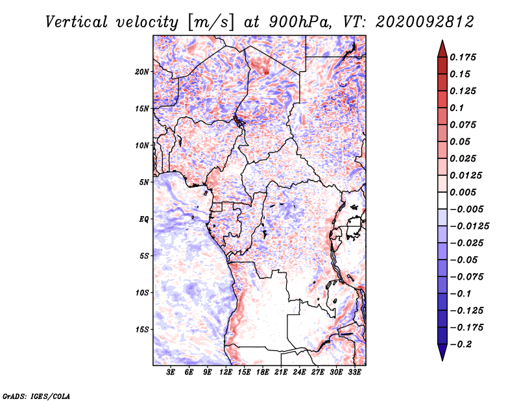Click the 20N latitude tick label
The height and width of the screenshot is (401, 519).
pyautogui.click(x=142, y=72)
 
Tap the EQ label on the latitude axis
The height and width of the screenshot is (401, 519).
pyautogui.click(x=143, y=219)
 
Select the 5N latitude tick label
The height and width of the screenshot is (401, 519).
pyautogui.click(x=144, y=182)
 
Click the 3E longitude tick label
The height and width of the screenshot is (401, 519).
pyautogui.click(x=171, y=372)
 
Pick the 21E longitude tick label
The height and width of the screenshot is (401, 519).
pyautogui.click(x=281, y=372)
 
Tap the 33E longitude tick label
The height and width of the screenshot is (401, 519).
pyautogui.click(x=354, y=372)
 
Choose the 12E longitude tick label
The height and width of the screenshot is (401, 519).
pyautogui.click(x=226, y=372)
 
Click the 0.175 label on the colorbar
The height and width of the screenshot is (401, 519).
pyautogui.click(x=463, y=57)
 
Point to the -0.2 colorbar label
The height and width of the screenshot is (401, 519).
pyautogui.click(x=461, y=345)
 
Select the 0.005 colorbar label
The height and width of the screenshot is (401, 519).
pyautogui.click(x=463, y=192)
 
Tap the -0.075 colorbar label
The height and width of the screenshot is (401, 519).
pyautogui.click(x=466, y=277)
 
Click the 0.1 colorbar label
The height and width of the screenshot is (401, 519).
pyautogui.click(x=457, y=108)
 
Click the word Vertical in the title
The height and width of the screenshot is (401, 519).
pyautogui.click(x=77, y=22)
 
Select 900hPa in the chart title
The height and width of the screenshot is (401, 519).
pyautogui.click(x=300, y=22)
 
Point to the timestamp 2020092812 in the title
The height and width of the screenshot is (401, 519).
pyautogui.click(x=425, y=22)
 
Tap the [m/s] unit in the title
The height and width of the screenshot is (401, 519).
pyautogui.click(x=211, y=23)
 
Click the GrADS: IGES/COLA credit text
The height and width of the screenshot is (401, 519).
pyautogui.click(x=36, y=396)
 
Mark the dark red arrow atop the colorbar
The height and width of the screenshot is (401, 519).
pyautogui.click(x=442, y=49)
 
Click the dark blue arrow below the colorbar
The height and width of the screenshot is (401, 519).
pyautogui.click(x=442, y=352)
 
